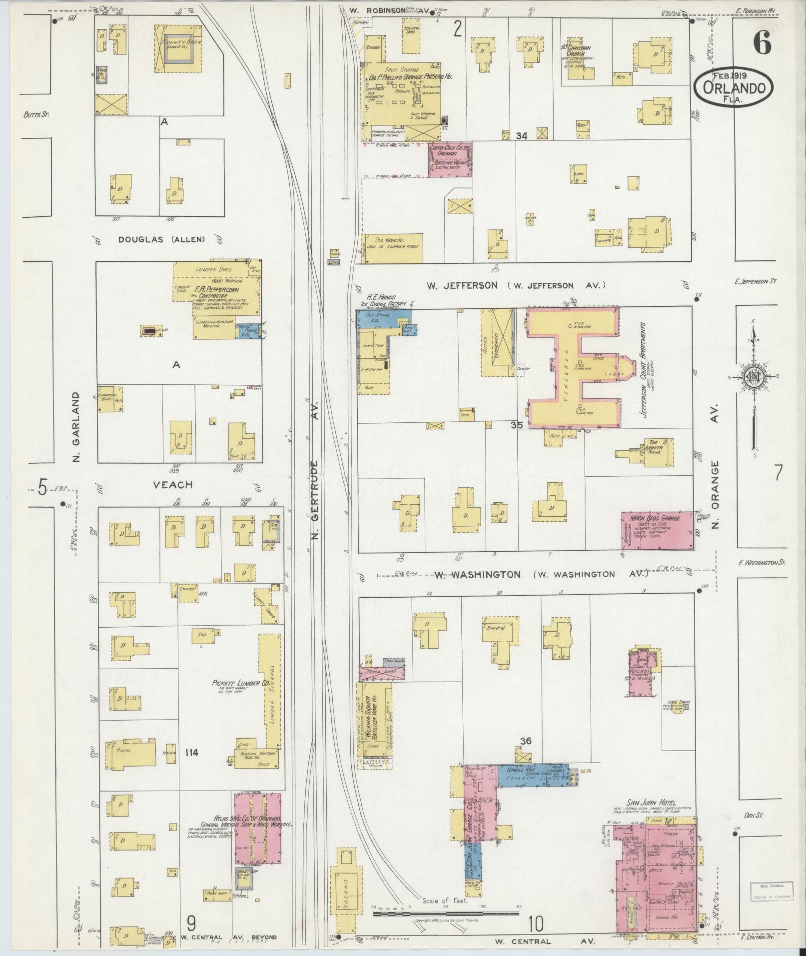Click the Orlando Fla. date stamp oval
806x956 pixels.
734,87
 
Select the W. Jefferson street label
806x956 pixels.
462,285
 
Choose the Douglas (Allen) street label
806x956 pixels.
161,239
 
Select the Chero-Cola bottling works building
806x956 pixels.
450,159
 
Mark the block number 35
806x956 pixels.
517,425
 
